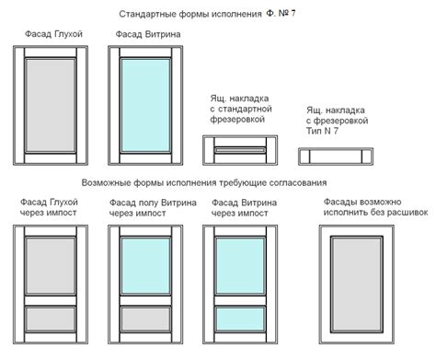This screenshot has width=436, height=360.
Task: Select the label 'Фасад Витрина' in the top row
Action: coord(147,35)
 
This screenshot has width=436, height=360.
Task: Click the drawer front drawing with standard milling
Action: coord(238,145)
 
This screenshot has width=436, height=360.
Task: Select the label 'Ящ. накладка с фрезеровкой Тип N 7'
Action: coord(337,117)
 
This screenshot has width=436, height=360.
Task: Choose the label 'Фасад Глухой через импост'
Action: coord(48,206)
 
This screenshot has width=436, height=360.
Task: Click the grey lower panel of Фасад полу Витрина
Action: coord(148,319)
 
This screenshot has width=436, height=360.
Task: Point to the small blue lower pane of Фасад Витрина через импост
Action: coord(242,319)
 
